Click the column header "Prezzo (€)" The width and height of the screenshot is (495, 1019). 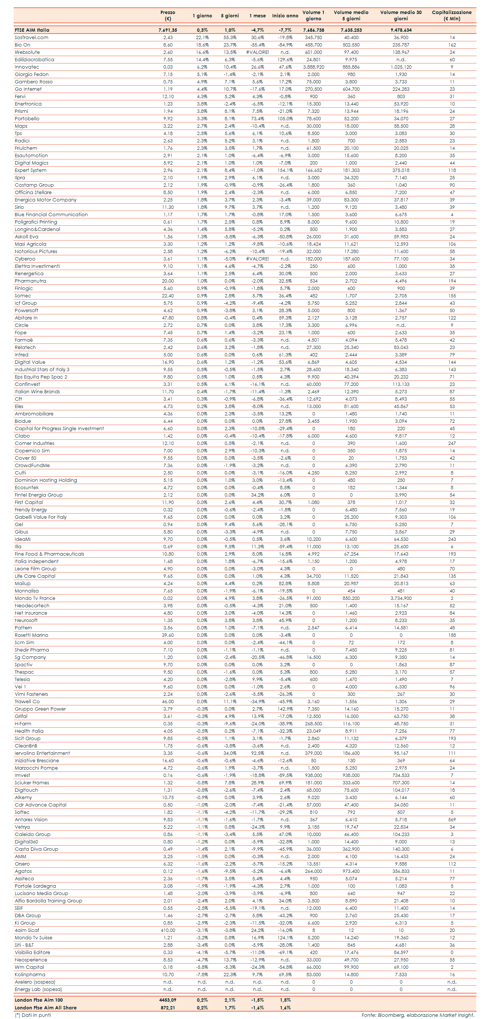[x=167, y=15]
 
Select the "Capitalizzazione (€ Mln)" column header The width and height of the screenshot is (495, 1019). [x=451, y=15]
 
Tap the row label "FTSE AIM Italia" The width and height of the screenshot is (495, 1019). [x=32, y=30]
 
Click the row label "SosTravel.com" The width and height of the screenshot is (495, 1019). [x=32, y=38]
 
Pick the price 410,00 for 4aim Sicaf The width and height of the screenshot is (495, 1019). [x=167, y=930]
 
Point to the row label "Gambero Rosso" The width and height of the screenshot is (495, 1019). [x=34, y=82]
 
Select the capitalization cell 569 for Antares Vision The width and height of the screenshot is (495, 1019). [x=452, y=820]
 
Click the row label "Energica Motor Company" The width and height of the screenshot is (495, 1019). [x=45, y=200]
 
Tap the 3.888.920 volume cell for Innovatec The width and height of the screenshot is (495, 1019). [x=314, y=67]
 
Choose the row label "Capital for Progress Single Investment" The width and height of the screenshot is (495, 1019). [x=59, y=428]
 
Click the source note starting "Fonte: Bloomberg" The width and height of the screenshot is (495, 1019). [x=418, y=1015]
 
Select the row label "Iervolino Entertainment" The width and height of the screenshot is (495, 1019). [x=42, y=753]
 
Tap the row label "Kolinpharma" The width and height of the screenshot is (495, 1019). [x=30, y=975]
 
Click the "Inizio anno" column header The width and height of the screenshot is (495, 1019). [x=285, y=16]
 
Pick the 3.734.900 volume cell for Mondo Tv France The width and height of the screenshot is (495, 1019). [x=401, y=598]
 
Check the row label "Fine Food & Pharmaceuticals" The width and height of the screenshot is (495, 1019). [x=49, y=554]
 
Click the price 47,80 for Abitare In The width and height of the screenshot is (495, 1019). [x=167, y=318]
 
